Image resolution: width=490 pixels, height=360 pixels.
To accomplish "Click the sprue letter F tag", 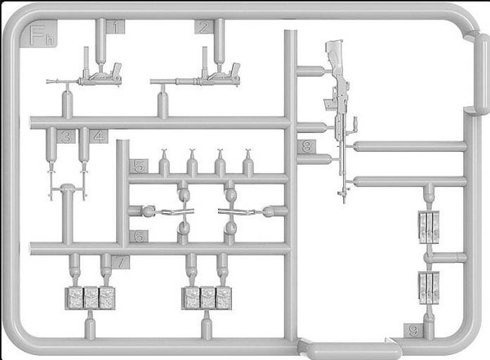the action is (x=38, y=34).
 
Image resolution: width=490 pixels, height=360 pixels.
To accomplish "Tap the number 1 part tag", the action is (x=115, y=27).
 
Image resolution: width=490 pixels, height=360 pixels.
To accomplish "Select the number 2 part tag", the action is (x=203, y=27).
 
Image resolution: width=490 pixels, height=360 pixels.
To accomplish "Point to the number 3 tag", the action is (x=66, y=136).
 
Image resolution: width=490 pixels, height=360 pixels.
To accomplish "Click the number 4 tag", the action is (x=99, y=136).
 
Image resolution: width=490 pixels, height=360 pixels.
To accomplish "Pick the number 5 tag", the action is (x=139, y=167).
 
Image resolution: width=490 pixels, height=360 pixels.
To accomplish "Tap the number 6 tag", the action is (x=139, y=237).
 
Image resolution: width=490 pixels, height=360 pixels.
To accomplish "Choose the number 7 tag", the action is (x=120, y=261).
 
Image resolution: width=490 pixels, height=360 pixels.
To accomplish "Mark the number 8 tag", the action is (x=306, y=146).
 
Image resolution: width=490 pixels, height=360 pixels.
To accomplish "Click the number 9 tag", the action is (x=413, y=331).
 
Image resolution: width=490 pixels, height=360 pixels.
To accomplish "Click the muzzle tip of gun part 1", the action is (x=47, y=82).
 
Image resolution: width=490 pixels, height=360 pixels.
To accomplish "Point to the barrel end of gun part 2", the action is (x=152, y=82).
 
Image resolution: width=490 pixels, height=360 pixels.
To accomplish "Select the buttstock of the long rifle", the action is (x=336, y=56).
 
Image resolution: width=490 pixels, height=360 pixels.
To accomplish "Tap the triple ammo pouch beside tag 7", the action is (x=90, y=299).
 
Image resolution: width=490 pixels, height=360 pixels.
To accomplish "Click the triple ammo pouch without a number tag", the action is (x=207, y=299).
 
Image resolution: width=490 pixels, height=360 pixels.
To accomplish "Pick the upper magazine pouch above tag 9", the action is (x=429, y=227).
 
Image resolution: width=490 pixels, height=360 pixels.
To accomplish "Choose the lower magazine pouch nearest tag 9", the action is (x=429, y=288).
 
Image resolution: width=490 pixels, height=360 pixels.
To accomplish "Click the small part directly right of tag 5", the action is (x=164, y=152).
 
